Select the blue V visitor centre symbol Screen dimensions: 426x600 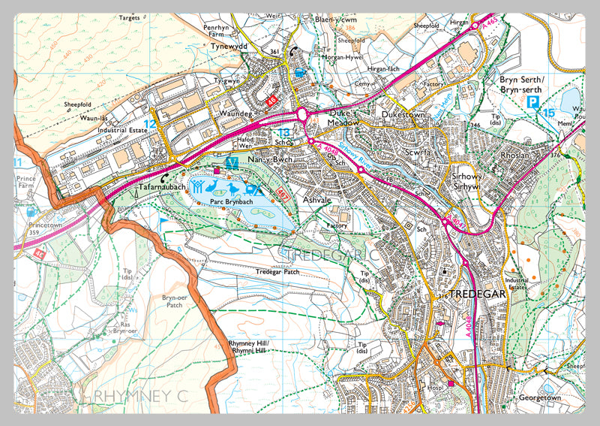pos(232,163)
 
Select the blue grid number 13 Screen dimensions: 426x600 pos(283,133)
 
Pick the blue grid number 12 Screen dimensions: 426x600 pos(150,123)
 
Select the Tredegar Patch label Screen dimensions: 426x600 pos(276,271)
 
